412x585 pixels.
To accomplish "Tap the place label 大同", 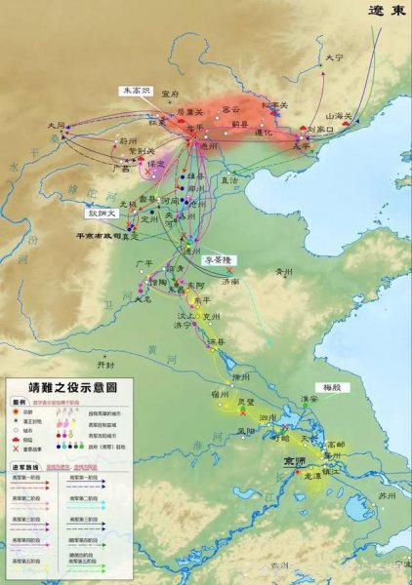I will point(58,126).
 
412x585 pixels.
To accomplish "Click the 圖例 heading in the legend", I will point(18,401).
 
